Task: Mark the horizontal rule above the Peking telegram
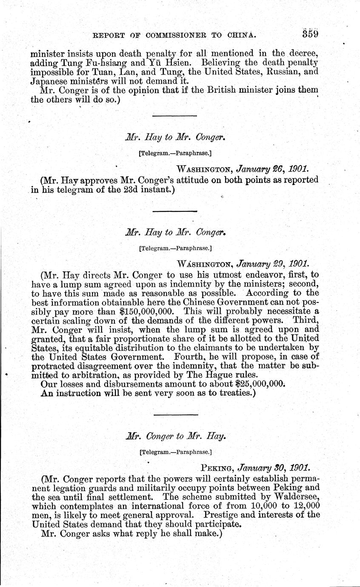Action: click(175, 415)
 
